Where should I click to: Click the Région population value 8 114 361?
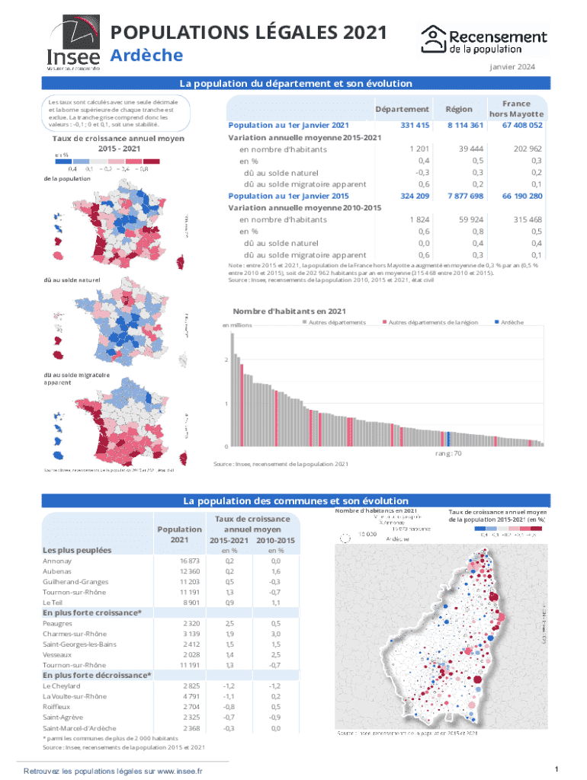(x=465, y=125)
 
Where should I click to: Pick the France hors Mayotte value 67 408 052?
(x=521, y=125)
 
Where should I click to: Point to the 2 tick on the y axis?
(x=225, y=360)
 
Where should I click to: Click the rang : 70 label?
(x=448, y=454)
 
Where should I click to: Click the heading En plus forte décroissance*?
(x=97, y=675)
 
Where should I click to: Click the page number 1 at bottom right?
(x=558, y=767)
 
